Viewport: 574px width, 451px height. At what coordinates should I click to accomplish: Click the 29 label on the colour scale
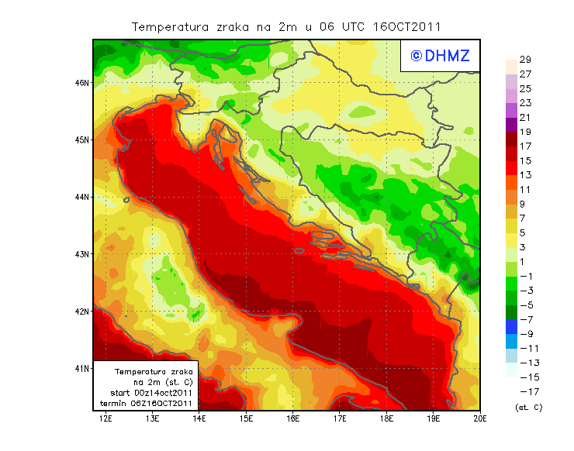[x=525, y=60]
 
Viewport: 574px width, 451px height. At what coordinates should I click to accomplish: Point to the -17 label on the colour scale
[x=525, y=391]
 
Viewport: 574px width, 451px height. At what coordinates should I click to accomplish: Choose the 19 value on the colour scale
[x=525, y=132]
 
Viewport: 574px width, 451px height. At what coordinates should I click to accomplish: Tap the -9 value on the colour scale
[x=525, y=334]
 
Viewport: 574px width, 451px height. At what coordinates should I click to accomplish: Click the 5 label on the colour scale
[x=524, y=232]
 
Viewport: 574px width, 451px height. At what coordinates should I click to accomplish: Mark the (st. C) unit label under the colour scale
[x=528, y=407]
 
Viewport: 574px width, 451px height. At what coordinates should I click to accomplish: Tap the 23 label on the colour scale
[x=525, y=103]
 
